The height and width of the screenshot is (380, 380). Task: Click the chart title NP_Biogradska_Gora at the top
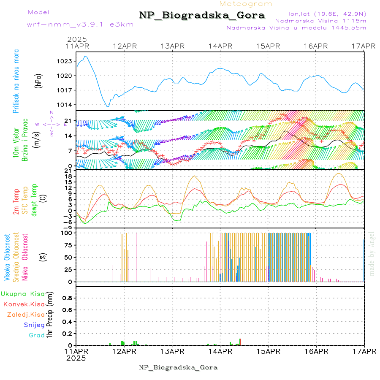[x=202, y=16]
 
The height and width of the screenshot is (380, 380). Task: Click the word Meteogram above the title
[x=246, y=4]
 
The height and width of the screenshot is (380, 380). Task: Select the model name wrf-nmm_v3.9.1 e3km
[x=80, y=24]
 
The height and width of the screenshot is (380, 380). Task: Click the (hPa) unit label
[x=38, y=80]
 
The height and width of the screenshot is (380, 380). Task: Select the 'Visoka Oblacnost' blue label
[x=7, y=257]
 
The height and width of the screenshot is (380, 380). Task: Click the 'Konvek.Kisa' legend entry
[x=24, y=304]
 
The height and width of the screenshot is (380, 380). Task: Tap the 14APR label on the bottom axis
[x=220, y=351]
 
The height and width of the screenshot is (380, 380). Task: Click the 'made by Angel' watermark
[x=372, y=253]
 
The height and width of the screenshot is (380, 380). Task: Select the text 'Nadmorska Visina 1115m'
[x=320, y=20]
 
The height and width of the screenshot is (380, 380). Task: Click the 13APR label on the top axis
[x=172, y=46]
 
